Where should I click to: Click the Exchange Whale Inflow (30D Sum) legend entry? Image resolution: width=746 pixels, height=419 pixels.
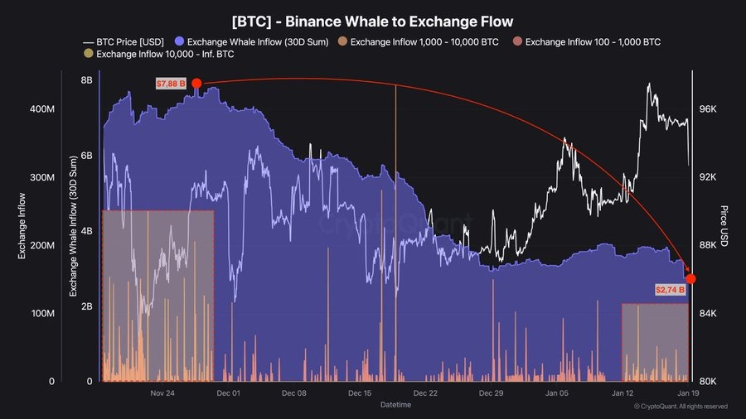coord(258,41)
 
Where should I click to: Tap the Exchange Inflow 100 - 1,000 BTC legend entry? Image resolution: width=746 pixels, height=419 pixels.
coord(592,41)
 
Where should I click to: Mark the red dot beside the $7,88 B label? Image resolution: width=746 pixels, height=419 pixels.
coord(196,83)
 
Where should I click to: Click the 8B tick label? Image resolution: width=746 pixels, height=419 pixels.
coord(86,80)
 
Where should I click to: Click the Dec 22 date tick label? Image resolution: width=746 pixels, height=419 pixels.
coord(425,393)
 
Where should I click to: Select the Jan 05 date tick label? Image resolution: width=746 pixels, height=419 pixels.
coord(557,393)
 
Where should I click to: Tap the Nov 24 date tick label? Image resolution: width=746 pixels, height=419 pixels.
coord(163,393)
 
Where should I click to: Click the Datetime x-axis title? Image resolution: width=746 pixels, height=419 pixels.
coord(395,405)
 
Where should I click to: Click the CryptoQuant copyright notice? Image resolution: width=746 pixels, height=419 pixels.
coord(681,407)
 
